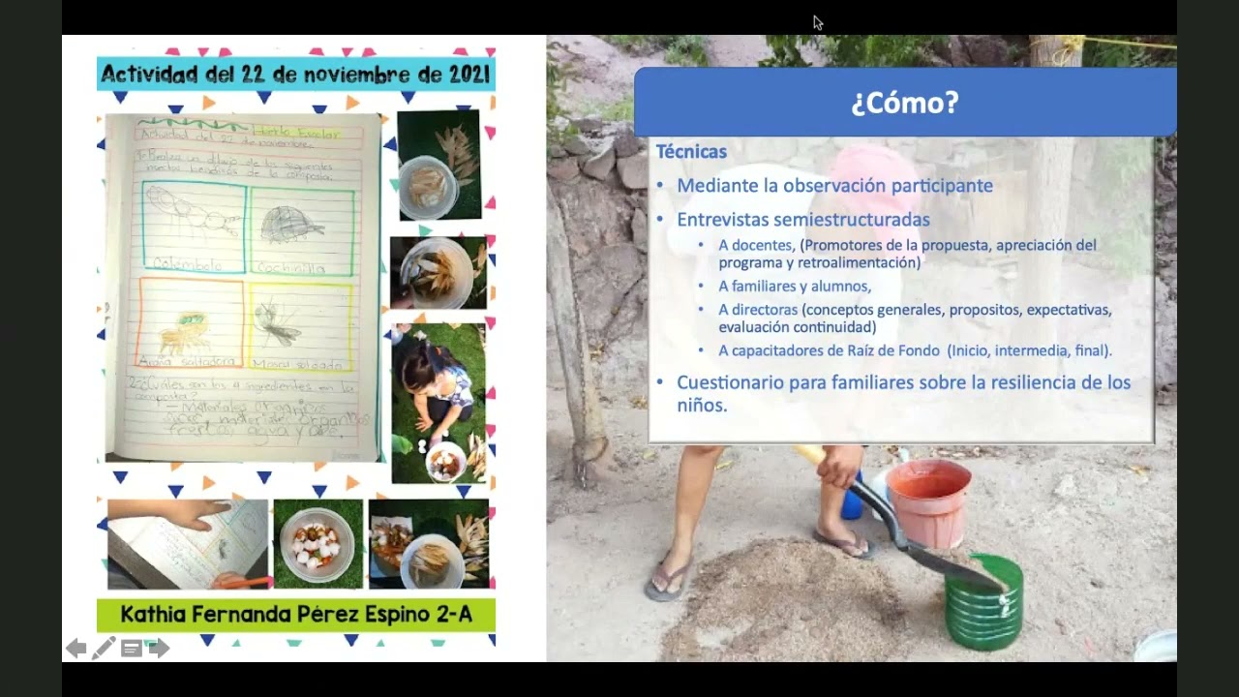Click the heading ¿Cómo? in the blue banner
tap(904, 103)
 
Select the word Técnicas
tap(691, 152)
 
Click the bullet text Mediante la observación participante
tap(834, 185)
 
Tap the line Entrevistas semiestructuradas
tap(802, 220)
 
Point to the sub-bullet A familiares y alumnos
tap(795, 286)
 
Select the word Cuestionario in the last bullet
tap(729, 382)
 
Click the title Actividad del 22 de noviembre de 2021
tap(295, 74)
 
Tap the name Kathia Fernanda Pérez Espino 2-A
tap(295, 614)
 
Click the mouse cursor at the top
tap(817, 22)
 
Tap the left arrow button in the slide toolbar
tap(76, 649)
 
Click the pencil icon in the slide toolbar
tap(104, 649)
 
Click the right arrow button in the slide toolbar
tap(160, 649)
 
